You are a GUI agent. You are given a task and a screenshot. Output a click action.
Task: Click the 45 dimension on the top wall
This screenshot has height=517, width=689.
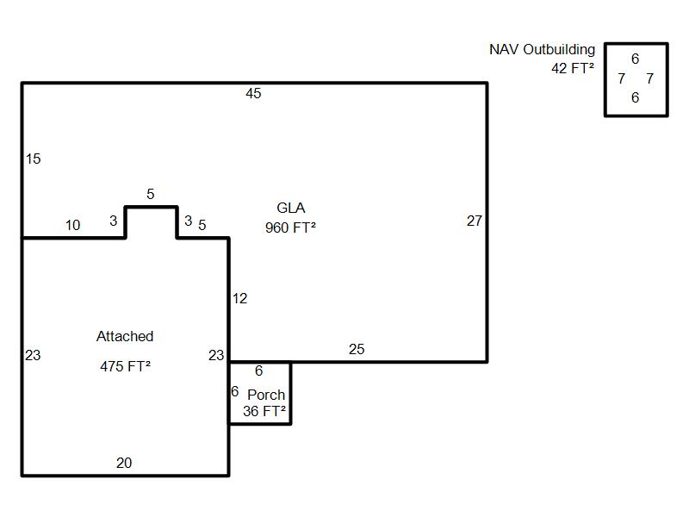253,94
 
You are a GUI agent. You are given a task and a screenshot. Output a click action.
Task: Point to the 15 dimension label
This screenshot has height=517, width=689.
33,159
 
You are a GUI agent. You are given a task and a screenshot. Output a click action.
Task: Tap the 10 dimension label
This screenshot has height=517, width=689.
72,226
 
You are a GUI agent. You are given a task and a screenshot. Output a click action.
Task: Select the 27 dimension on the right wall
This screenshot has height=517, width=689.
475,221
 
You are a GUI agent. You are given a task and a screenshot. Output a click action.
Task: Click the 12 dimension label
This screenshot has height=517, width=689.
239,299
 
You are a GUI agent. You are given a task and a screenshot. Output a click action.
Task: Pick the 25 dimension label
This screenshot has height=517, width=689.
357,349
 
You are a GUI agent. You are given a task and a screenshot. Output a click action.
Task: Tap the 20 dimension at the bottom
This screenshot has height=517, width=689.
124,464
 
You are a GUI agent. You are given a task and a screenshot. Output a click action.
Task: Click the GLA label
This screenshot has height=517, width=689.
291,209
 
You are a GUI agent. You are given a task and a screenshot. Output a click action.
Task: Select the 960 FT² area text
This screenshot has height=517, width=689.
291,228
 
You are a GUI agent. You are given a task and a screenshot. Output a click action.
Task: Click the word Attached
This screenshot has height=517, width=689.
125,337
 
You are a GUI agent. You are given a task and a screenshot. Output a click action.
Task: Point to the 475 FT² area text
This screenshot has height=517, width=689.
126,366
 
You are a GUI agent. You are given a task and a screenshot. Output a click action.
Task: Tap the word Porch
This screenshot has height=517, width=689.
266,395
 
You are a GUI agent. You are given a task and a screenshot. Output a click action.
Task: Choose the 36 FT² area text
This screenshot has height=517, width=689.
264,412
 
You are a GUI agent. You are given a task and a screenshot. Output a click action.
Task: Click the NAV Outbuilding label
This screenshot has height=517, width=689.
542,50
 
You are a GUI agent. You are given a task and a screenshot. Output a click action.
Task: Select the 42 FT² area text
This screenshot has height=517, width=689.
573,68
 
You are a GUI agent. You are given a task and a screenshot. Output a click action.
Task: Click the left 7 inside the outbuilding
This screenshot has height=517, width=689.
622,79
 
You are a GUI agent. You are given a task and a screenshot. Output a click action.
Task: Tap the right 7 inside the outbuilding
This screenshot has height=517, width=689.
649,79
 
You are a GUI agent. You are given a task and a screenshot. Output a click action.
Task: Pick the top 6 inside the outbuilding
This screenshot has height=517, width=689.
636,59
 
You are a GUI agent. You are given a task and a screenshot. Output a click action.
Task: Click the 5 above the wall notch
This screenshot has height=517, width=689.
151,195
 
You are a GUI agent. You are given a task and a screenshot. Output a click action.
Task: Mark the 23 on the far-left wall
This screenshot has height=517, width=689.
33,355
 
